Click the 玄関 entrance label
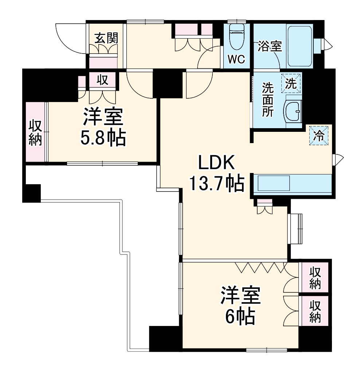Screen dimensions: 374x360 [106, 38]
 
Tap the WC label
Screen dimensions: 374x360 [236, 59]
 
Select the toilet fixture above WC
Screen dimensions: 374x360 [236, 37]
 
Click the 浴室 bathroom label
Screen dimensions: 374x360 [270, 46]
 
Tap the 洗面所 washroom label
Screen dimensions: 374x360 [268, 99]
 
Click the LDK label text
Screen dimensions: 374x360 [215, 163]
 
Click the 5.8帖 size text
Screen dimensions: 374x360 [103, 138]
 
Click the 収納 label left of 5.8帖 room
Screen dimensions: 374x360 [35, 132]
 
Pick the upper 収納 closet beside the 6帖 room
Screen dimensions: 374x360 [315, 277]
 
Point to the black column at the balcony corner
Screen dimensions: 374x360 [31, 193]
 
